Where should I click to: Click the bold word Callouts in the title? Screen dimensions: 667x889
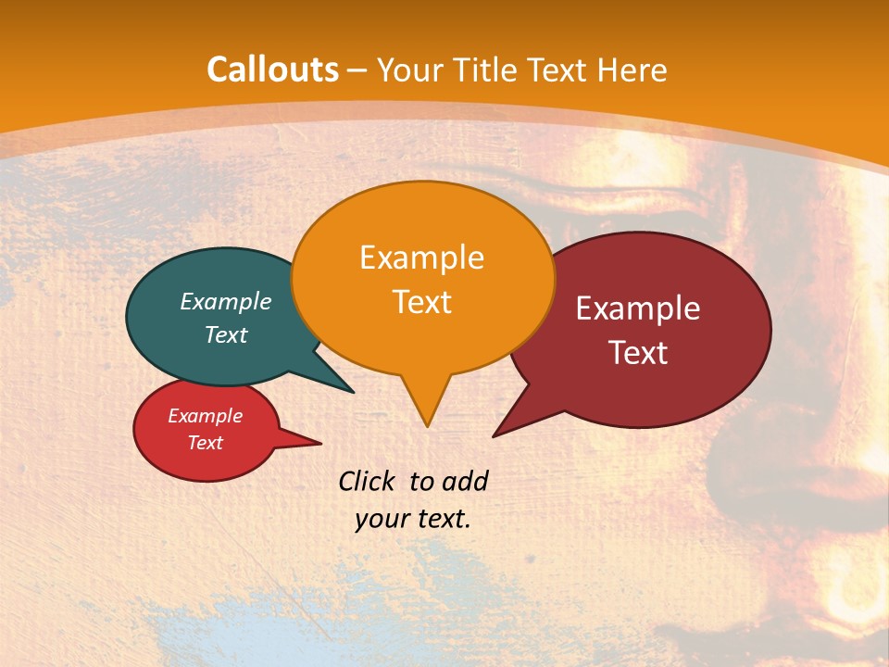[x=272, y=69]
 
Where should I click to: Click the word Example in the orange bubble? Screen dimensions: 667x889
[x=421, y=258]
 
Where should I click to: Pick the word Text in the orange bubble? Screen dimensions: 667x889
[x=421, y=302]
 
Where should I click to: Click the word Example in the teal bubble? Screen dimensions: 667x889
[x=225, y=301]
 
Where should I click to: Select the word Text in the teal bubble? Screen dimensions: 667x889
[x=225, y=334]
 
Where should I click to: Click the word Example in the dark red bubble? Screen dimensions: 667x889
[x=638, y=308]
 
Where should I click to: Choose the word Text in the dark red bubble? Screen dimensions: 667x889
[x=638, y=352]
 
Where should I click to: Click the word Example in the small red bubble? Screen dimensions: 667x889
[x=205, y=416]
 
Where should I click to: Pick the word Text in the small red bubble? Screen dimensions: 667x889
[x=205, y=443]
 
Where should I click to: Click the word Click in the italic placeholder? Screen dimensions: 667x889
[x=368, y=481]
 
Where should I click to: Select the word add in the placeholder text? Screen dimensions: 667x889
[x=464, y=481]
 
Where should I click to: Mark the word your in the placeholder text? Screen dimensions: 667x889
[x=380, y=519]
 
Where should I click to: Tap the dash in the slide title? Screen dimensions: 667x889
[x=358, y=70]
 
